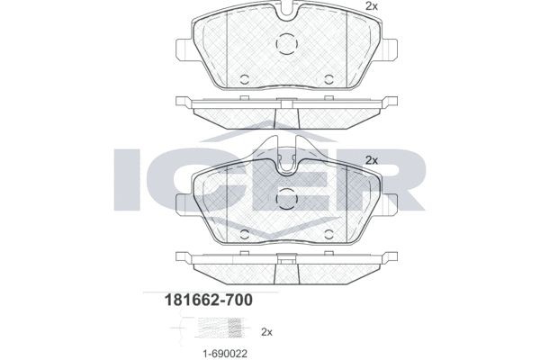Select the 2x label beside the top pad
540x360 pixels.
[x=371, y=7]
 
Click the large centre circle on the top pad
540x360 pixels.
[x=286, y=42]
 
